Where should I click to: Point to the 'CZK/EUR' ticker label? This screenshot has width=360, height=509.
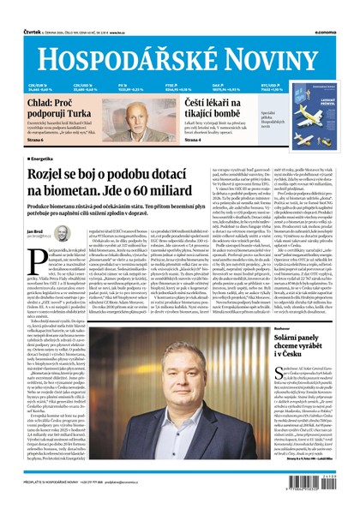(x=37, y=61)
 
